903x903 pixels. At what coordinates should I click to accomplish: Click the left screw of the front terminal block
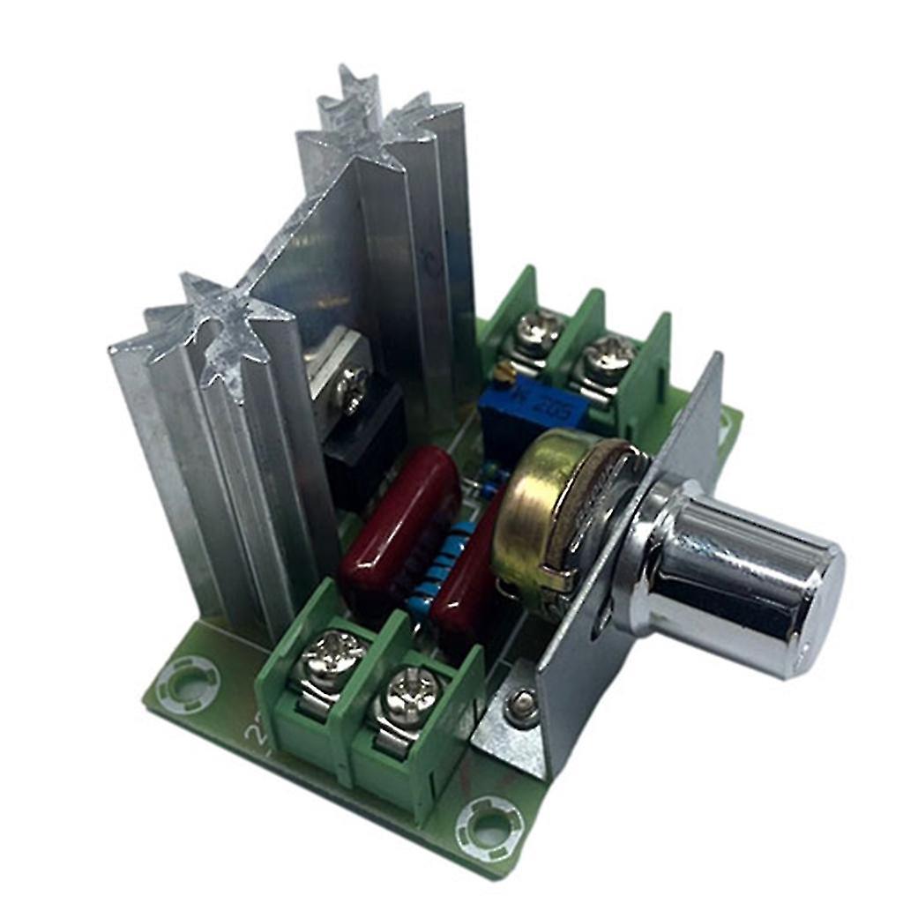click(332, 656)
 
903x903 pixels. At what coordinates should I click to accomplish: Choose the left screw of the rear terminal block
click(538, 328)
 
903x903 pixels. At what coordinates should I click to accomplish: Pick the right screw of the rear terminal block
click(608, 354)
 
